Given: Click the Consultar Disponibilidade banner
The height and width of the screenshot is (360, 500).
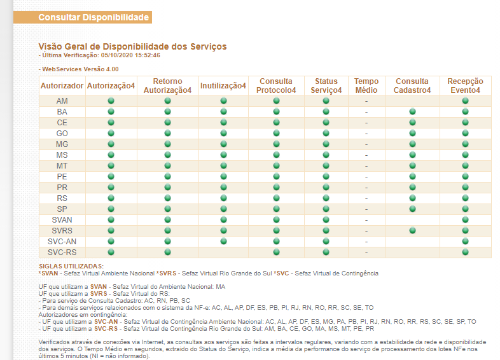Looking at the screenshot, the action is pyautogui.click(x=83, y=17).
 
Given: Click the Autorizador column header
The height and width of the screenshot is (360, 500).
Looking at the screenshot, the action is pyautogui.click(x=62, y=86).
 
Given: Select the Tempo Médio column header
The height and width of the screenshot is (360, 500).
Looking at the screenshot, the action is pyautogui.click(x=366, y=86).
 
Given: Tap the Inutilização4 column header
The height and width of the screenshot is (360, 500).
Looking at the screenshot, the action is pyautogui.click(x=223, y=86).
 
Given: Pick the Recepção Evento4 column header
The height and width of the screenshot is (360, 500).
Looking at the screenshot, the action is pyautogui.click(x=465, y=86).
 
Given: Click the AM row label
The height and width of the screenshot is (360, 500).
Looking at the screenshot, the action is pyautogui.click(x=62, y=101).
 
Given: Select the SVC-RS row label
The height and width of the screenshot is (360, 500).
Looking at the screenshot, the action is pyautogui.click(x=62, y=253).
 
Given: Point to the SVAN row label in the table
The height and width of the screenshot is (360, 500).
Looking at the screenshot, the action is pyautogui.click(x=62, y=220).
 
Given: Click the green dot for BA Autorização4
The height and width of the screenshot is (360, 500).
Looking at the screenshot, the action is pyautogui.click(x=111, y=111).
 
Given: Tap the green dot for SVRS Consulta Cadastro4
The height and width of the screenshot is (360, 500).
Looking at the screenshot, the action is pyautogui.click(x=412, y=230).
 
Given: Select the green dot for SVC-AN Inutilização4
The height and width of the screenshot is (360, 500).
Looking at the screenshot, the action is pyautogui.click(x=223, y=242).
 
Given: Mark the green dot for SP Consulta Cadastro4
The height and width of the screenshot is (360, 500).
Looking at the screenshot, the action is pyautogui.click(x=412, y=209).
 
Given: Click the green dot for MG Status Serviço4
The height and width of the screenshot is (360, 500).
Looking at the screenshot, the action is pyautogui.click(x=326, y=144).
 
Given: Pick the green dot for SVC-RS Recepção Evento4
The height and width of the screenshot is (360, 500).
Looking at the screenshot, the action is pyautogui.click(x=465, y=253).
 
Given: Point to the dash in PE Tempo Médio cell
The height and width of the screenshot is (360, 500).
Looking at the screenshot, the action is pyautogui.click(x=366, y=177).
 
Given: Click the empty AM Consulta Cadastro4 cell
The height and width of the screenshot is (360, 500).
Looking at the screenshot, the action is pyautogui.click(x=412, y=101).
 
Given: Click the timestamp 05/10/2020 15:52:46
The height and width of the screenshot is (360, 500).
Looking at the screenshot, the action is pyautogui.click(x=130, y=55).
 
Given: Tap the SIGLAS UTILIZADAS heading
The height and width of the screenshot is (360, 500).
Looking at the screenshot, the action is pyautogui.click(x=71, y=267).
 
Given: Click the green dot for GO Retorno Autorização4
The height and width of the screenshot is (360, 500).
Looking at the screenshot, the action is pyautogui.click(x=167, y=134).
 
